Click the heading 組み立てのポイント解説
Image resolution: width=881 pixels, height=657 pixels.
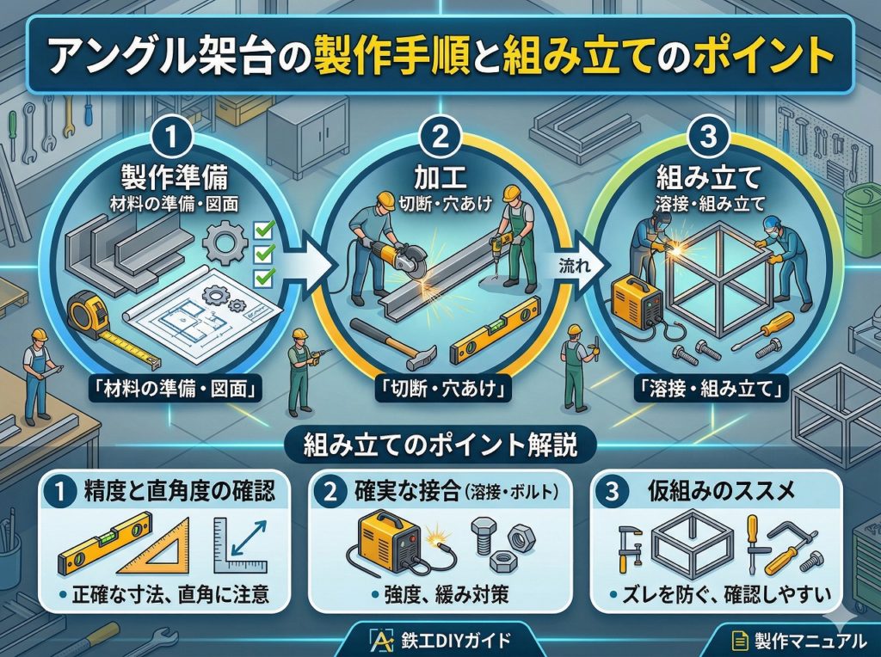[x=440, y=446]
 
